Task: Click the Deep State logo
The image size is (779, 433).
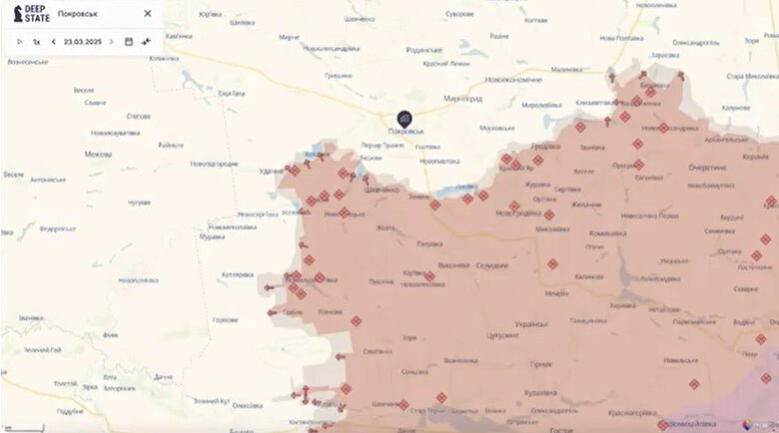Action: pos(31,13)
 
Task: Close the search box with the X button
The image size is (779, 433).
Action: pos(148,14)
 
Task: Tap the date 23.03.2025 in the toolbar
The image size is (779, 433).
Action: pos(82,42)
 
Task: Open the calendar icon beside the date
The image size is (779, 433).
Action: pos(128,42)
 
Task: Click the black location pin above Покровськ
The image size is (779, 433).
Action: pos(404,119)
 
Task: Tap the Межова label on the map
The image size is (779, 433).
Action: pos(99,154)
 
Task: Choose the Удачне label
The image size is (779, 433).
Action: pos(272,172)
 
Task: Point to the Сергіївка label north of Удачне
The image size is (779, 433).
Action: pos(232,93)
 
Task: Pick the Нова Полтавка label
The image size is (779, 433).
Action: pos(620,38)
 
